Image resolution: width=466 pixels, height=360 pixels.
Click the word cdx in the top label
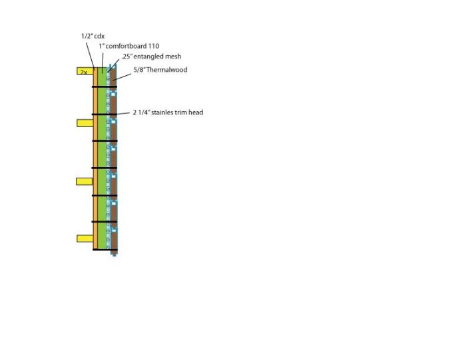click(x=99, y=36)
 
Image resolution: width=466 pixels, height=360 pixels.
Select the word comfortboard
click(x=126, y=46)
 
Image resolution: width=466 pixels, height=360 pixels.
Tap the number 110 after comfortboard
click(x=154, y=46)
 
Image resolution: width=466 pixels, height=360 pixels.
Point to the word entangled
click(x=148, y=57)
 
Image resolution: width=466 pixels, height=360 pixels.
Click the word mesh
click(x=173, y=57)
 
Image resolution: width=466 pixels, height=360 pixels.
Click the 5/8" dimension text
click(x=138, y=70)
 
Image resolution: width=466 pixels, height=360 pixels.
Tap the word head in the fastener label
click(x=196, y=112)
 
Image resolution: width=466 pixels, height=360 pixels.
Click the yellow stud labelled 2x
click(x=85, y=71)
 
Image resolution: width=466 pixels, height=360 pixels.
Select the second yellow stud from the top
click(x=85, y=123)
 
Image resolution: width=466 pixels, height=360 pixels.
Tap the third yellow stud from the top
click(x=85, y=182)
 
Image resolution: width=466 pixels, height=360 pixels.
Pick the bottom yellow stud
click(x=85, y=238)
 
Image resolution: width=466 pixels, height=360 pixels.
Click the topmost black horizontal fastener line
click(x=105, y=87)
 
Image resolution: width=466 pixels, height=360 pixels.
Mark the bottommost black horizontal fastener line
click(x=105, y=250)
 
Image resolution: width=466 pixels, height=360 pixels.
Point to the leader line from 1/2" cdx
click(x=91, y=56)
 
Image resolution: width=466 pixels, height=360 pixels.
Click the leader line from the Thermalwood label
click(x=122, y=77)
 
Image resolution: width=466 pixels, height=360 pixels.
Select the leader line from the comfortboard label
click(x=103, y=63)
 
